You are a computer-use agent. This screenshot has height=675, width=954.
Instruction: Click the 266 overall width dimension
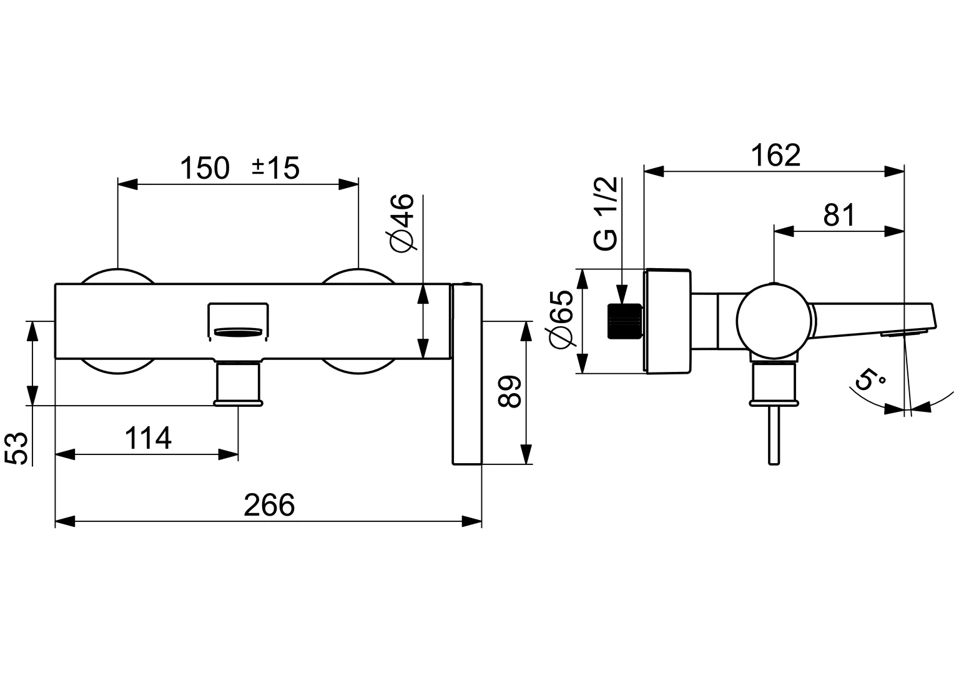[x=268, y=505]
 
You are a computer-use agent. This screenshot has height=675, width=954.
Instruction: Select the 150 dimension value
[x=205, y=168]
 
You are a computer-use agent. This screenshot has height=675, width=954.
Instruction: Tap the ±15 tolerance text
[x=275, y=168]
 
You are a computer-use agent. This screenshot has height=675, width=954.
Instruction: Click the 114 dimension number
[x=148, y=438]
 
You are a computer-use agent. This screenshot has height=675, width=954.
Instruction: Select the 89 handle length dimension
[x=510, y=392]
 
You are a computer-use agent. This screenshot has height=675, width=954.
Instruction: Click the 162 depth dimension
[x=775, y=156]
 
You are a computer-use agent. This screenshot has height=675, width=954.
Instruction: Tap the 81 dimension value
[x=838, y=216]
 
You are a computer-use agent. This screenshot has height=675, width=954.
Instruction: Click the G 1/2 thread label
[x=606, y=214]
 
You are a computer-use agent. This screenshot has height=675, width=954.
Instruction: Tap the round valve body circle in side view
[x=775, y=321]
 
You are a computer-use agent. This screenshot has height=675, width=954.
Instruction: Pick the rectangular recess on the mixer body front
[x=237, y=322]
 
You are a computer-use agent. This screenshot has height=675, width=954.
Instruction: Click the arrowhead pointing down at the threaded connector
[x=622, y=295]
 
